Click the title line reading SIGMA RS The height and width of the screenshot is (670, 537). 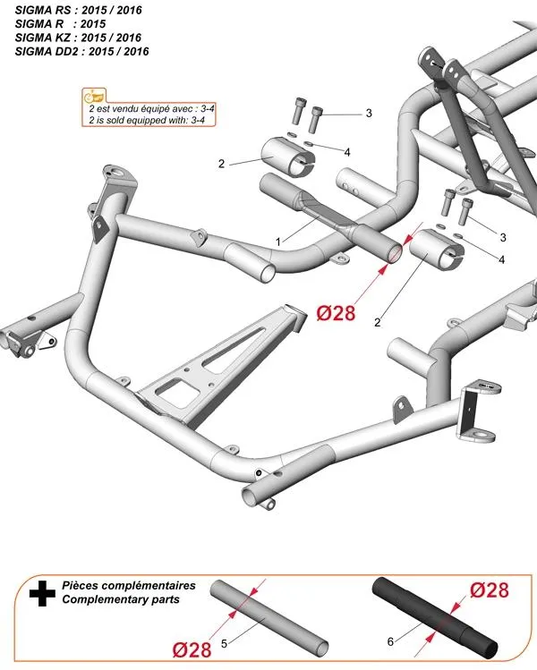coord(79,9)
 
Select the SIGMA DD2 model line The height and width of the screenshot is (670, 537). coord(82,52)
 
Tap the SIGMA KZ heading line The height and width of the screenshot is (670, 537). coord(79,38)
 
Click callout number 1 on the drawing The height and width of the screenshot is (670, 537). coord(279,242)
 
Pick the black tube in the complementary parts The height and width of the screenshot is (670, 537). coord(437,617)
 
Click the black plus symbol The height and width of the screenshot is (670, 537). coord(38,591)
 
